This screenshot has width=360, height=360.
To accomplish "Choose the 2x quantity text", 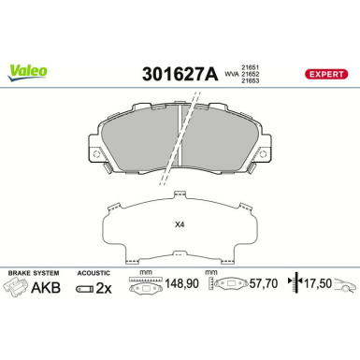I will point(103,288).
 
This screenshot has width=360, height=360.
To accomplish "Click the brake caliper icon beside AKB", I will point(21,288).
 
